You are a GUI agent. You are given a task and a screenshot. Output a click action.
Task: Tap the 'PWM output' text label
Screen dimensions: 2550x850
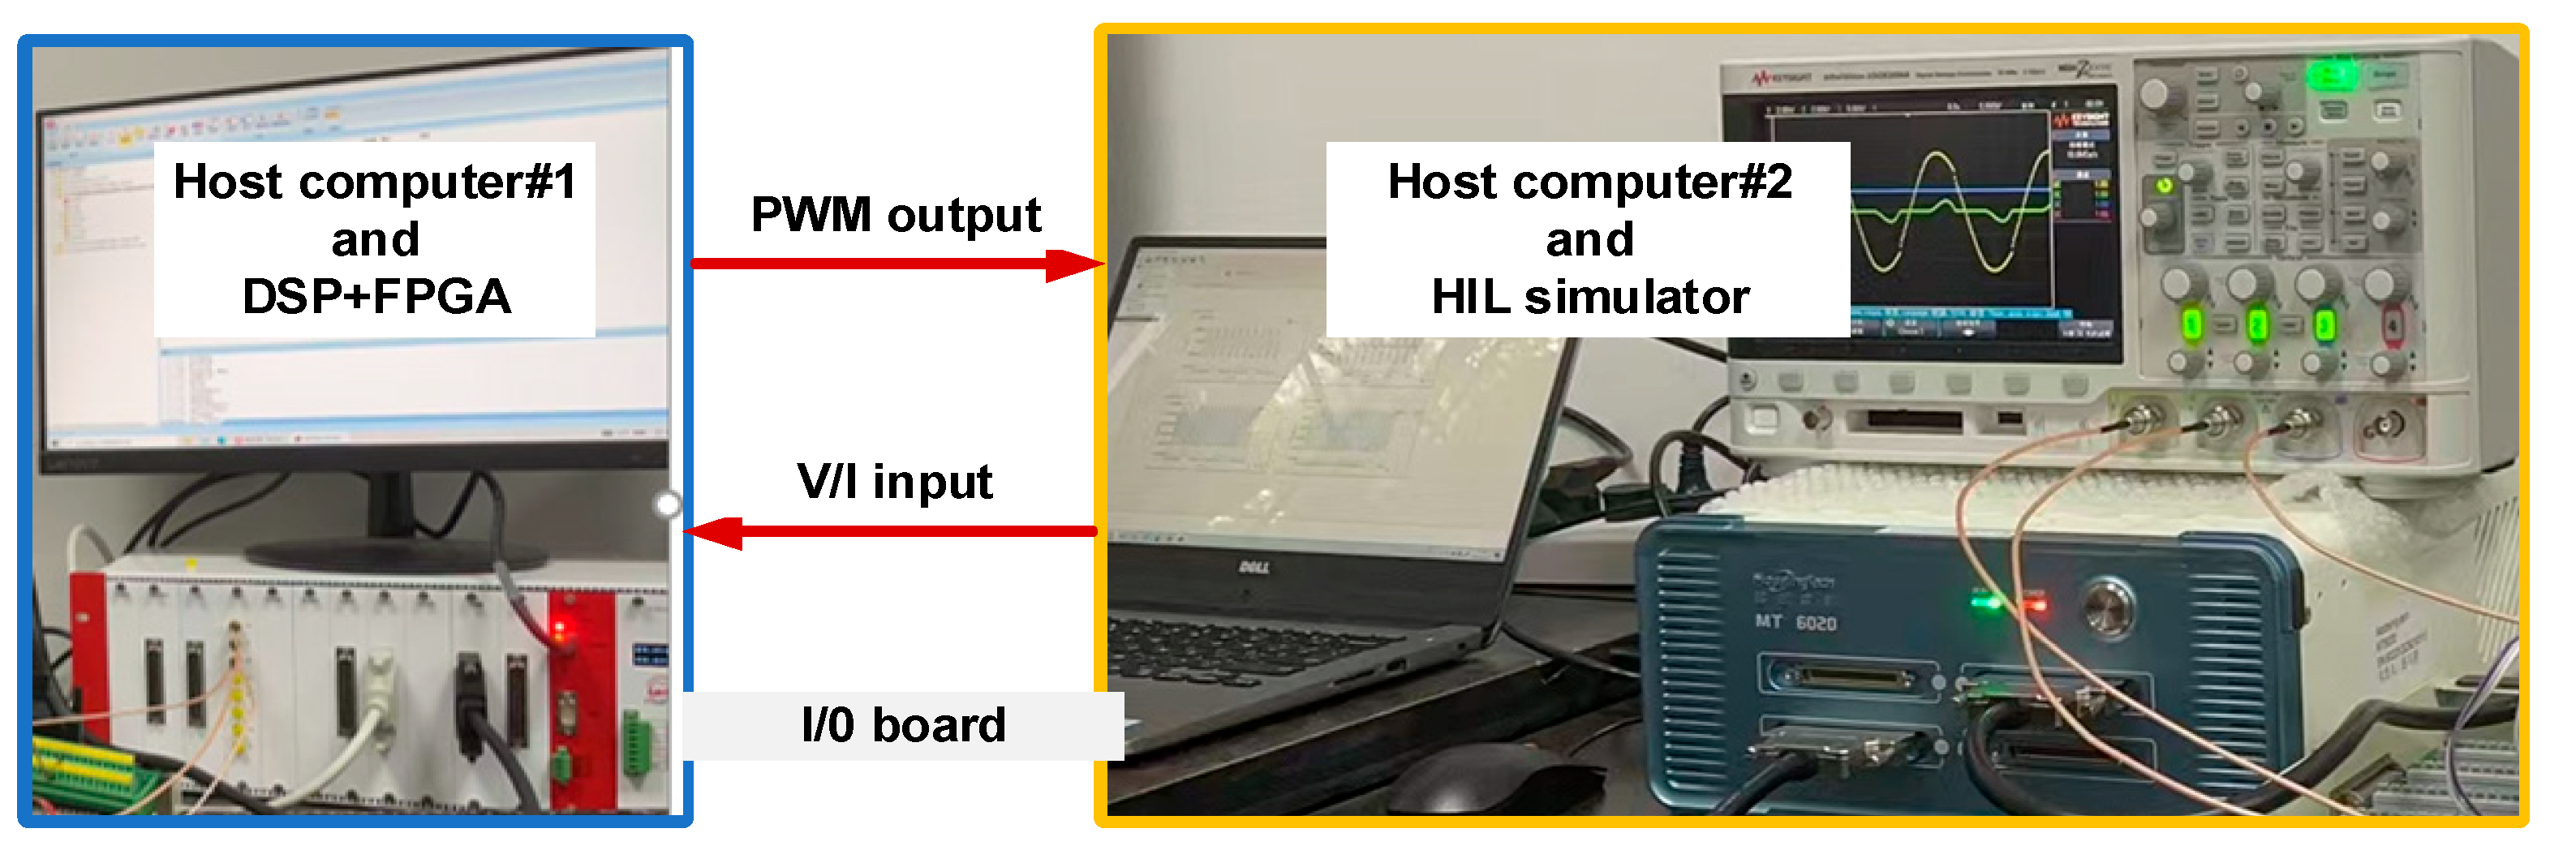(896, 215)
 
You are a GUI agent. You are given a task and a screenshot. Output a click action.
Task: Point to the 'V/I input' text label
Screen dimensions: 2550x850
(894, 482)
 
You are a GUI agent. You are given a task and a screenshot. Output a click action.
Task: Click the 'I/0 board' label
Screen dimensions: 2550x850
(903, 725)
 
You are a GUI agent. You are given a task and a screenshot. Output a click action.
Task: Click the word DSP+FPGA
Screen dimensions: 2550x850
(376, 296)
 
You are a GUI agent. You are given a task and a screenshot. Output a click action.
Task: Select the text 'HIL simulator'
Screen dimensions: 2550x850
(1589, 296)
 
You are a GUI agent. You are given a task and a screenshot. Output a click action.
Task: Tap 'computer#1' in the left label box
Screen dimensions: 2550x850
(437, 182)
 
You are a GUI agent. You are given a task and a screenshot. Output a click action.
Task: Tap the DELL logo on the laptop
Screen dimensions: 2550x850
(1254, 568)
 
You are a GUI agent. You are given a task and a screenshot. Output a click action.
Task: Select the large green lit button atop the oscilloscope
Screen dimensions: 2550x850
(2331, 75)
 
